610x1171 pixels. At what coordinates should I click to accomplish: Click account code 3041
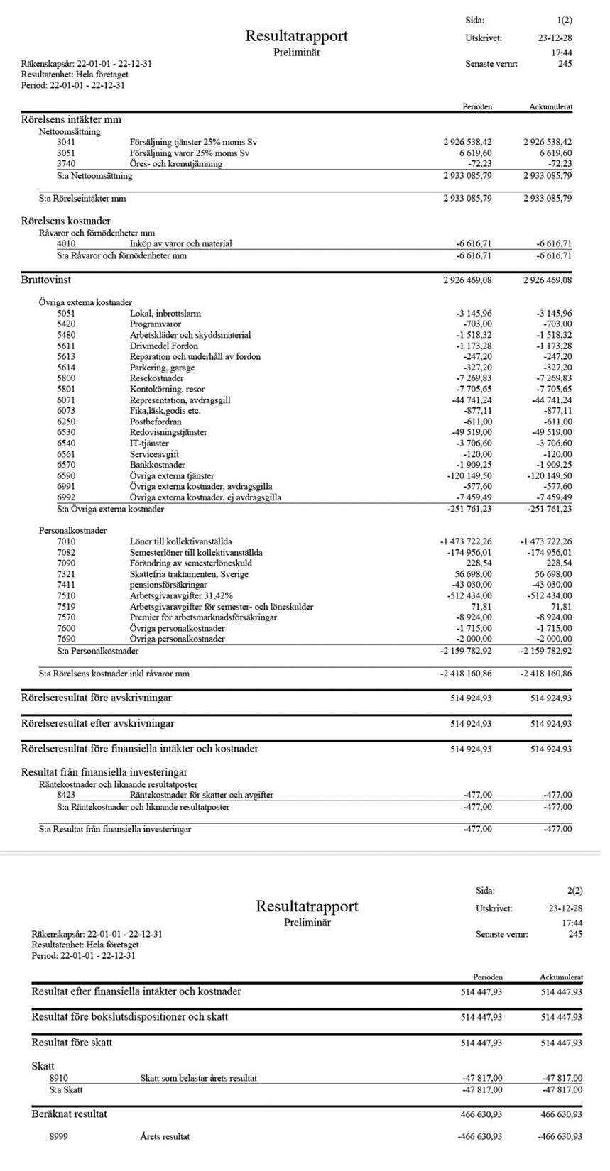[66, 142]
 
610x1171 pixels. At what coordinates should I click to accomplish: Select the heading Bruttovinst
[46, 280]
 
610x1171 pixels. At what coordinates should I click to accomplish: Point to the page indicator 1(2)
[565, 21]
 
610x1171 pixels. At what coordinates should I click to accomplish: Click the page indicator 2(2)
[575, 891]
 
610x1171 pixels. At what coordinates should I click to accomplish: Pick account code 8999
[59, 1136]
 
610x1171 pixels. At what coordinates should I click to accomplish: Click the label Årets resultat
[165, 1136]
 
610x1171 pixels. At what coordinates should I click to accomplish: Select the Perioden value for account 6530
[472, 432]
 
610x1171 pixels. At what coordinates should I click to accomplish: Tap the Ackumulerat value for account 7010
[546, 541]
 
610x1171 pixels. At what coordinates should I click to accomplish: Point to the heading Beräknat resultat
[69, 1114]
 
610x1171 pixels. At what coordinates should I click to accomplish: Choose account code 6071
[66, 400]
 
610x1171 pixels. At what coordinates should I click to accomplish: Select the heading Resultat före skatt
[72, 1043]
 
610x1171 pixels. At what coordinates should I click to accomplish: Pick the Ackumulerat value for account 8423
[557, 795]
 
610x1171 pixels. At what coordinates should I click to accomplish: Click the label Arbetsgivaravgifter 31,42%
[181, 595]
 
